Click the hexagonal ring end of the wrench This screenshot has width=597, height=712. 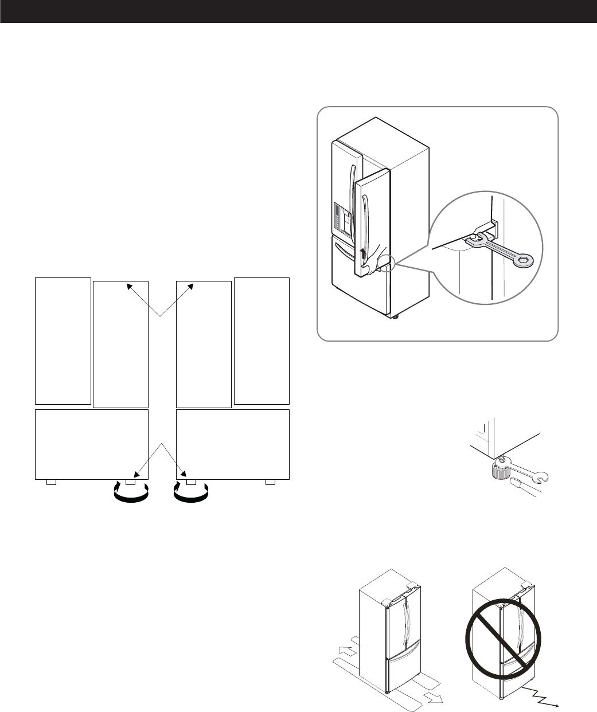point(523,260)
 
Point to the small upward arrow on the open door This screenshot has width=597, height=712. point(362,253)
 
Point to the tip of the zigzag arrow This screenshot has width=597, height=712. point(560,705)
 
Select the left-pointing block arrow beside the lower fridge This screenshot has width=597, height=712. point(345,651)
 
